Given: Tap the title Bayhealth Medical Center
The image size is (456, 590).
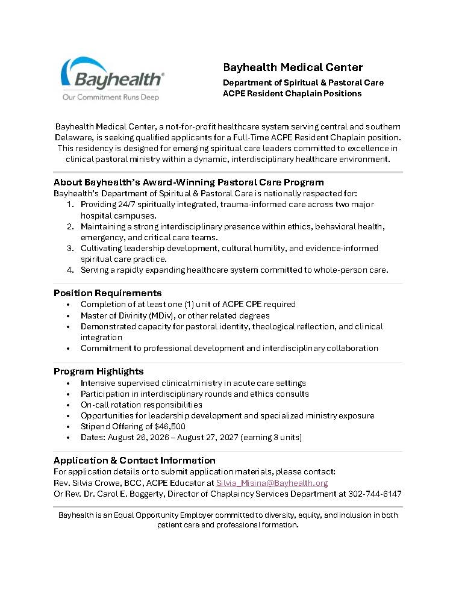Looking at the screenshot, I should [293, 67].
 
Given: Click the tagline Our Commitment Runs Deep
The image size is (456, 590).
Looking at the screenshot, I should [111, 97].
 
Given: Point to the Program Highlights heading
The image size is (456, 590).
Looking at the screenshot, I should [98, 371].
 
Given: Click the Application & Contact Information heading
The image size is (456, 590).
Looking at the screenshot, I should [134, 461].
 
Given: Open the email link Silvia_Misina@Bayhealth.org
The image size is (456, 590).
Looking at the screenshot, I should [272, 483].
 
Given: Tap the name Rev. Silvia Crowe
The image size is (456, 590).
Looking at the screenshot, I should [89, 483].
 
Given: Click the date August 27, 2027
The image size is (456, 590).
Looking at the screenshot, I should [216, 437].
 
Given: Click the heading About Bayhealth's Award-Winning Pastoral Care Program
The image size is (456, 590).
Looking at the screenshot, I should [189, 182].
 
